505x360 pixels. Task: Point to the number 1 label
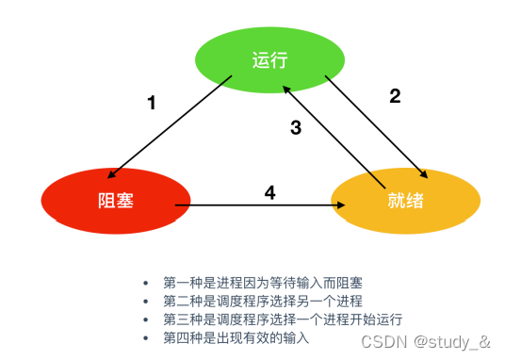pyautogui.click(x=152, y=104)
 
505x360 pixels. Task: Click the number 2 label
pyautogui.click(x=396, y=95)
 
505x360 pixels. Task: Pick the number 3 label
pyautogui.click(x=295, y=129)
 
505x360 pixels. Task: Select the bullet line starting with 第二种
pyautogui.click(x=254, y=301)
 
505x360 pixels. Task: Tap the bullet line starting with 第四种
pyautogui.click(x=235, y=336)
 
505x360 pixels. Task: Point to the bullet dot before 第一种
pyautogui.click(x=145, y=283)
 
